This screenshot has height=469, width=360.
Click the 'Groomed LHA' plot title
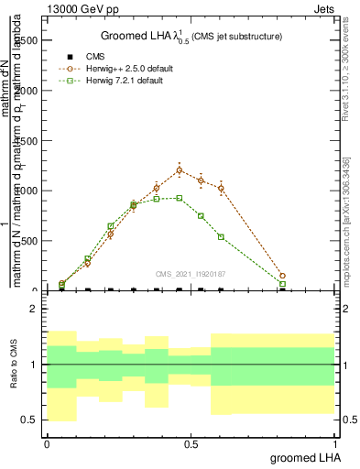pos(191,36)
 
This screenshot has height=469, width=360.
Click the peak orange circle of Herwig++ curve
pos(180,170)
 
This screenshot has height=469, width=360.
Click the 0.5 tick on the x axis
pos(191,444)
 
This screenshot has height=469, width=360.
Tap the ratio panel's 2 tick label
pos(34,310)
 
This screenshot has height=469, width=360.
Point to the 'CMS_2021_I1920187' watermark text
pos(191,273)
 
